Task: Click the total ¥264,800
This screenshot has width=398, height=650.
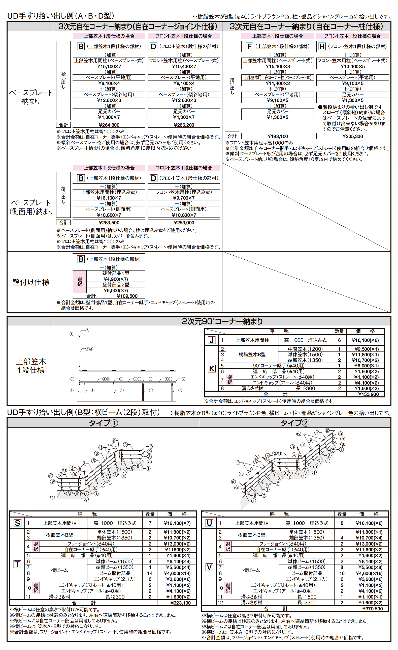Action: [109, 125]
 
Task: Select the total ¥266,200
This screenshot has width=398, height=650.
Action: [184, 125]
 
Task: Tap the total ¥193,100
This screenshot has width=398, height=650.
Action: [278, 136]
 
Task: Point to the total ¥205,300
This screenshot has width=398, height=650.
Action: [353, 136]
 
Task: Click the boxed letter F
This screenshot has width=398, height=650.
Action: [249, 46]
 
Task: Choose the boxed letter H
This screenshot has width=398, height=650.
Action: [322, 46]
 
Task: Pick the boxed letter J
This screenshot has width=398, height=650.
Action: [212, 340]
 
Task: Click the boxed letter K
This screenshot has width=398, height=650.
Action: [212, 368]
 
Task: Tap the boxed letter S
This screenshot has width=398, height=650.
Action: [17, 523]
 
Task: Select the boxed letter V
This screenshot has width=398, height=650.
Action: [209, 567]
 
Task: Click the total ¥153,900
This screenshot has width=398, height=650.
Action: [369, 394]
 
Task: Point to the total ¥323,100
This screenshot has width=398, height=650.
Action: [180, 603]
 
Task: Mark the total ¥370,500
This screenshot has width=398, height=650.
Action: [373, 609]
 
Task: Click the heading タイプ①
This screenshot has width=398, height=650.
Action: [103, 423]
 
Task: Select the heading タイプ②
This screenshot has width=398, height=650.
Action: [295, 423]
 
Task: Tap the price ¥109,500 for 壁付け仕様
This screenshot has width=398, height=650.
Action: [127, 296]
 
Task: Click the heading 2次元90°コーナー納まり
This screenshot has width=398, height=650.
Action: [222, 321]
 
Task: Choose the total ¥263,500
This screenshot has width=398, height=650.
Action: [109, 223]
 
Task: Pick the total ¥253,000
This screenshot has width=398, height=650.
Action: [184, 223]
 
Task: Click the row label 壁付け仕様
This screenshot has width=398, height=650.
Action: [31, 282]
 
